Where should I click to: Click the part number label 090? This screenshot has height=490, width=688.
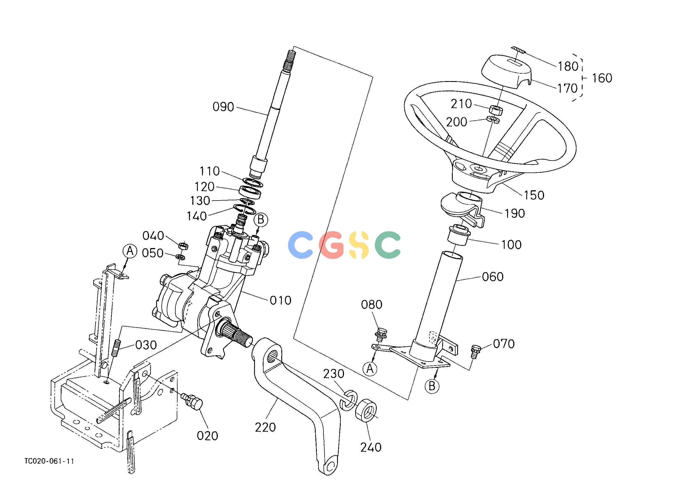coord(223,107)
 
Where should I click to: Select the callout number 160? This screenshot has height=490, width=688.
coord(602,78)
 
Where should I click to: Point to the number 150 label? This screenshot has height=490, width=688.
coord(534,195)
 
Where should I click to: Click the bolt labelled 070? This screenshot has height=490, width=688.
coord(475,351)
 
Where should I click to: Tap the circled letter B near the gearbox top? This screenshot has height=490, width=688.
coord(261,219)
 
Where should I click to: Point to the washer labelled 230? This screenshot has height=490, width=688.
coord(348,400)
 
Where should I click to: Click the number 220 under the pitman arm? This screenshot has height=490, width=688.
coord(265,427)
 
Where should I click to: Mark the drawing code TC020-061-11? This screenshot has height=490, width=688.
coord(49,461)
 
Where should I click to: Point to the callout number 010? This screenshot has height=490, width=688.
coord(280,300)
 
